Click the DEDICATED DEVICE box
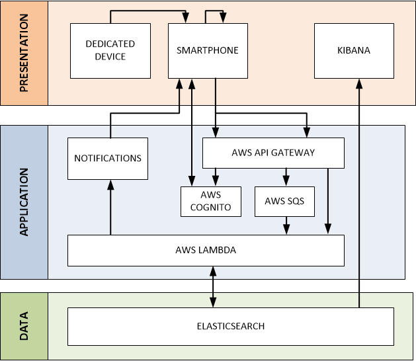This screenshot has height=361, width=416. coord(110,50)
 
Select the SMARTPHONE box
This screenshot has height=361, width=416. coord(208,50)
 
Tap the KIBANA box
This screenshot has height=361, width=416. coord(353,50)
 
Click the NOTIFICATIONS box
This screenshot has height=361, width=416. coord(108,159)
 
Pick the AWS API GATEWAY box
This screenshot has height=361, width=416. coord(273,152)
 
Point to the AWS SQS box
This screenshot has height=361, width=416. coord(284,201)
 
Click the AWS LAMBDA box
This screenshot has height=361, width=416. coord(206,250)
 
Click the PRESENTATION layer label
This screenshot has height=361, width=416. coord(24,53)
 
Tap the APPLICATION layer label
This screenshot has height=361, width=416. coord(24,202)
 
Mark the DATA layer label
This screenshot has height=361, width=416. coord(24,325)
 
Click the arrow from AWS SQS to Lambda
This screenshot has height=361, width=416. coord(286,225)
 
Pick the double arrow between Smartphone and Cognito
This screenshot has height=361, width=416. coord(192,132)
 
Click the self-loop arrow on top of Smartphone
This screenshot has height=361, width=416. coord(215,11)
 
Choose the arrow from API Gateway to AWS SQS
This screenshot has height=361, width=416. coord(286,177)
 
